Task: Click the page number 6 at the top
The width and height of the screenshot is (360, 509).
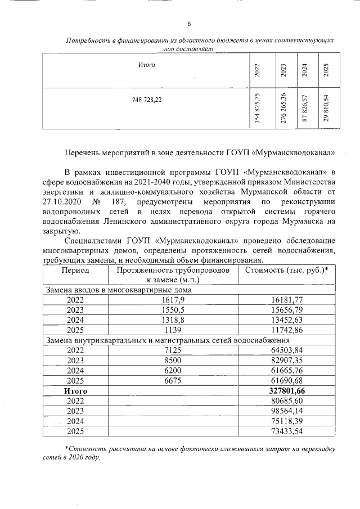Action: [x=189, y=24]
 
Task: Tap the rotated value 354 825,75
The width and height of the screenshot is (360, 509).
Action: [x=258, y=108]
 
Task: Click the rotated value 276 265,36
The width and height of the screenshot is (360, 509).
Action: [x=283, y=107]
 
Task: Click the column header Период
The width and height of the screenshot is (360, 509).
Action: [x=75, y=270]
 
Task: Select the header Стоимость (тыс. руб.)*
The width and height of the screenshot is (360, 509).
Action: [x=287, y=270]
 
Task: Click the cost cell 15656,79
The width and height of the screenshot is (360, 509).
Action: [x=287, y=310]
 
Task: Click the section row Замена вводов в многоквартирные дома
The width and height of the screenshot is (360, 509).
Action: [x=119, y=290]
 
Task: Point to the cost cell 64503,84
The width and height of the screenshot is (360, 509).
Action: [x=287, y=350]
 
